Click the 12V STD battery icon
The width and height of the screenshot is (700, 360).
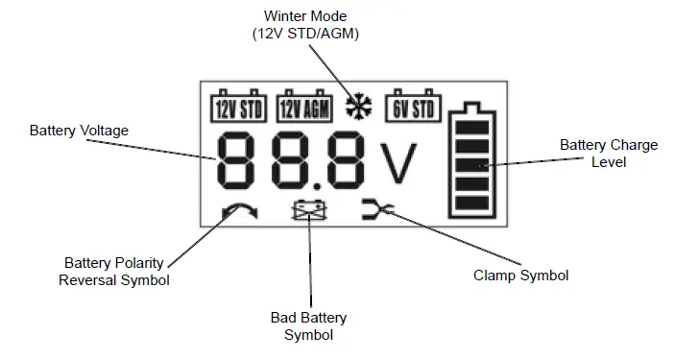236,108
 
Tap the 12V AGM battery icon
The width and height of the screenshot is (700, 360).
303,108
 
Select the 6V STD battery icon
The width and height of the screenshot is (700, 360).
413,108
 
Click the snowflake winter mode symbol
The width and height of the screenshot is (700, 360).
358,107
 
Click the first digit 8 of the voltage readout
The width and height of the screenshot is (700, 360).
242,160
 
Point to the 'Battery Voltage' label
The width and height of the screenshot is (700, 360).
79,130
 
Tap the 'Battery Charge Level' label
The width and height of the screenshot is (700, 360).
609,154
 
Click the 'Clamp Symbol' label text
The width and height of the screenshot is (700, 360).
521,276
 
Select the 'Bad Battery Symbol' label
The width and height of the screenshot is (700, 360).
308,325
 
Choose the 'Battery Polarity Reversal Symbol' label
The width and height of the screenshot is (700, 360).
114,271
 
